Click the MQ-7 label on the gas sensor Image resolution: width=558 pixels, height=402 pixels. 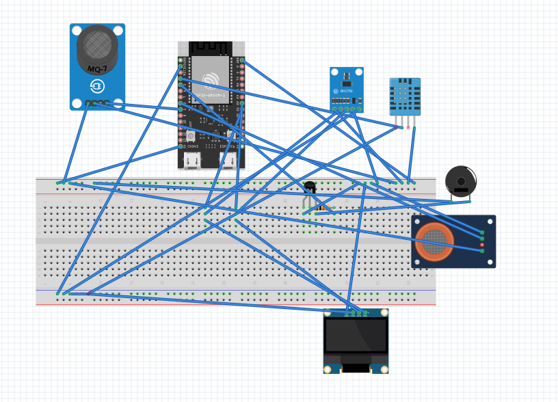coord(97,69)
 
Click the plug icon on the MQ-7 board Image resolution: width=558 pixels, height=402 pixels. coord(97,86)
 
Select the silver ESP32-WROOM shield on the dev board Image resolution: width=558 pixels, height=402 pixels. coord(211,76)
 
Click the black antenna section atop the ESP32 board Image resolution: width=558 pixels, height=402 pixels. coord(211,48)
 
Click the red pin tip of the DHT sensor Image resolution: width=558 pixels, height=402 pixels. coord(408,127)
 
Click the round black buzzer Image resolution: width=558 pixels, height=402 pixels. coord(461,181)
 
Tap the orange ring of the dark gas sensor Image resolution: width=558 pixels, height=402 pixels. coord(434,241)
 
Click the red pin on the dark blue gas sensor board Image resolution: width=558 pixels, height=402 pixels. coord(482,245)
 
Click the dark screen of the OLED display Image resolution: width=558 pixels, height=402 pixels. coord(356,335)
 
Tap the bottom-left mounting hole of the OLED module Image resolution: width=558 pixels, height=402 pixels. coord(328,369)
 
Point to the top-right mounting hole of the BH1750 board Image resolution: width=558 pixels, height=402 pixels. coord(359,71)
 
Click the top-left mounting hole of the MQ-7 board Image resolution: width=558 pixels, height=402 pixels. coord(77,30)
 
